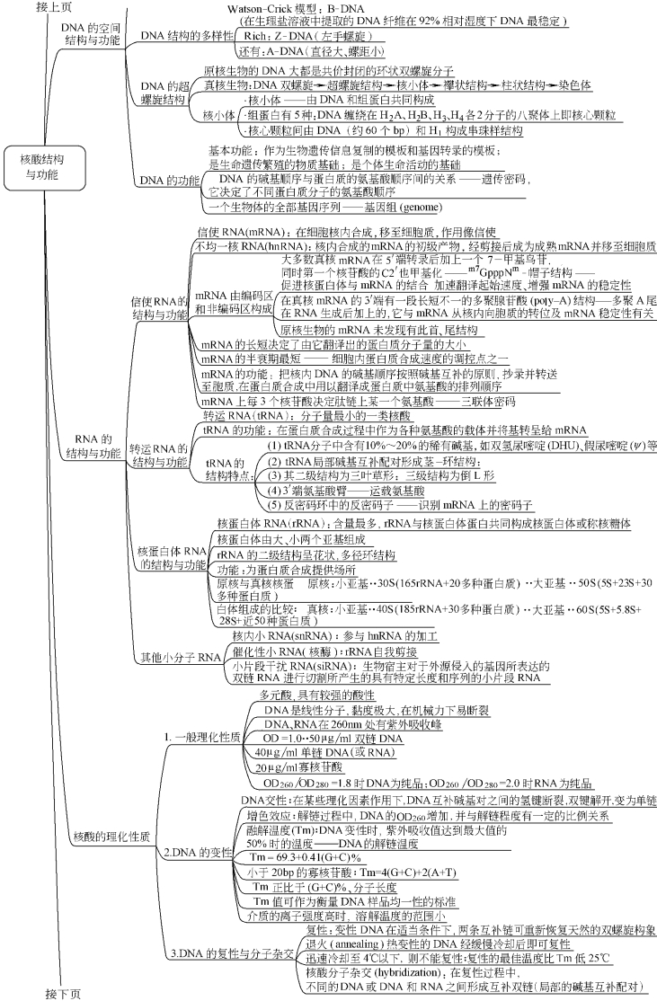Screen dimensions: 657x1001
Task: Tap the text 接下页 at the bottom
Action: [63, 992]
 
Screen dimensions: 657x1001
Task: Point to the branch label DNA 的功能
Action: [170, 180]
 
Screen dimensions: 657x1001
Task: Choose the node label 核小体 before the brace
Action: [219, 115]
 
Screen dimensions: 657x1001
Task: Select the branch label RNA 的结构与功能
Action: [98, 447]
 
